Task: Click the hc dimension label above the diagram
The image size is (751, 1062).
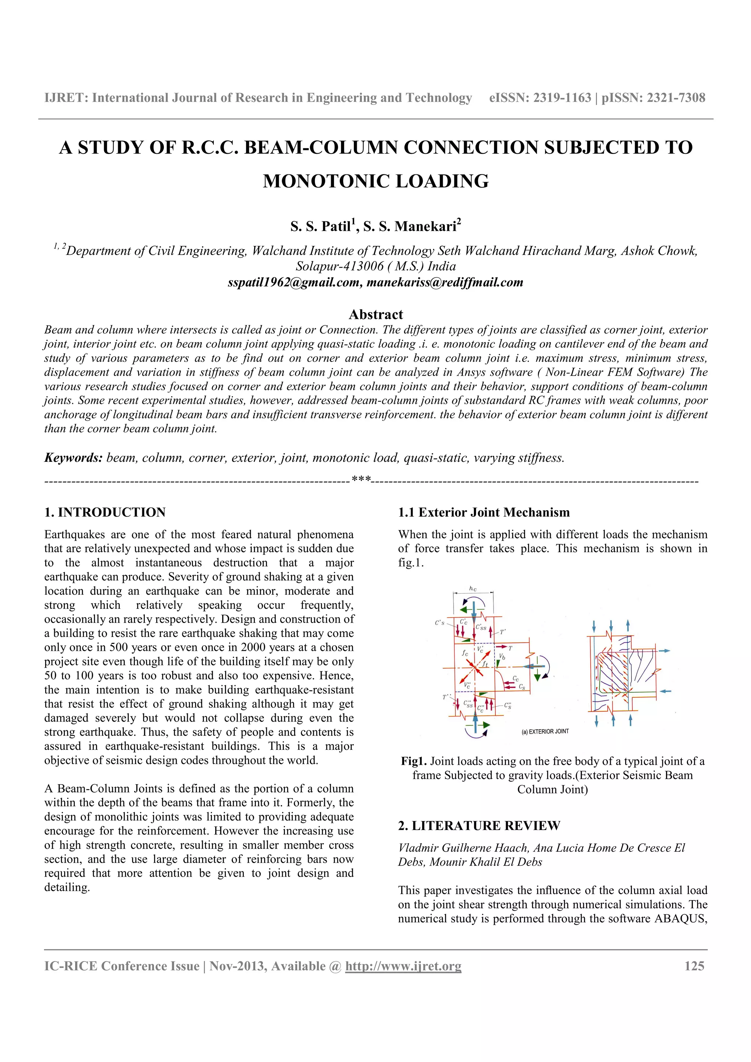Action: pos(472,589)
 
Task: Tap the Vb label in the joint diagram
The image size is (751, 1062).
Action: pos(502,656)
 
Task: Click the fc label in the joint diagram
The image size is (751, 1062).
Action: pos(465,653)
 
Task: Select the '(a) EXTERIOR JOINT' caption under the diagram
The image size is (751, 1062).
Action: pos(545,731)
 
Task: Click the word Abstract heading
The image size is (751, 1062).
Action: pos(376,314)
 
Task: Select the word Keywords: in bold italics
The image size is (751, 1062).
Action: pos(73,458)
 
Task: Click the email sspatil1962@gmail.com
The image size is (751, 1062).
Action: pos(293,282)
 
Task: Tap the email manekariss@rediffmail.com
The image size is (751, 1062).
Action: pos(445,282)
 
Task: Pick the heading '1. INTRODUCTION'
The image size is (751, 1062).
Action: pos(105,512)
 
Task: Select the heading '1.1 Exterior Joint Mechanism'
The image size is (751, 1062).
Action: pos(484,512)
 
